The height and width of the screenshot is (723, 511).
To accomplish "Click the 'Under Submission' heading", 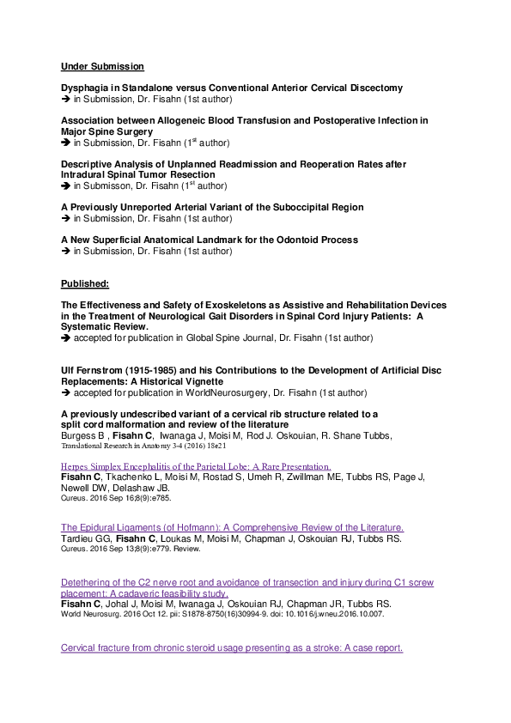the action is pyautogui.click(x=102, y=66).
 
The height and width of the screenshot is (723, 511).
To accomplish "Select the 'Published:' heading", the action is pyautogui.click(x=84, y=283).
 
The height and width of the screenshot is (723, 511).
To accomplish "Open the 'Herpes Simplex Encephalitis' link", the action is pyautogui.click(x=196, y=466).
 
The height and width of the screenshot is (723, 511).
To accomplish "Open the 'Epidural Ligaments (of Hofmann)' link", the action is pyautogui.click(x=232, y=526).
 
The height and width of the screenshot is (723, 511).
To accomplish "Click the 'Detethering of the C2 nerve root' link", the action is pyautogui.click(x=245, y=581).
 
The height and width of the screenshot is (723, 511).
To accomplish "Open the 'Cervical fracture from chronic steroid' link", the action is pyautogui.click(x=232, y=647).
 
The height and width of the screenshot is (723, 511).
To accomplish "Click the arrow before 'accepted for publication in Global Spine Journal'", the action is pyautogui.click(x=66, y=338).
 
